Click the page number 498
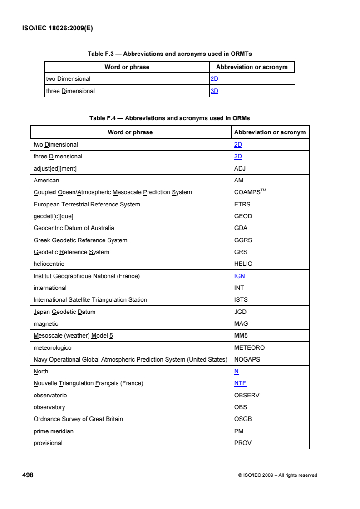28,475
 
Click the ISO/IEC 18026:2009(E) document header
57,28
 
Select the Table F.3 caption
169,54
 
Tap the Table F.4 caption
169,118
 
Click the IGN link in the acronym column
240,276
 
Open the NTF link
240,383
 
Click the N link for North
237,371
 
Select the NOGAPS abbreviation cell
247,359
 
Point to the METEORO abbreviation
249,347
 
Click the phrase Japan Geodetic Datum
64,312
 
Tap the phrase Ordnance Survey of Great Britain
78,419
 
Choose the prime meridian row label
54,431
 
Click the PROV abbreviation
243,443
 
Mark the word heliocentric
49,264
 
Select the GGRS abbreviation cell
243,240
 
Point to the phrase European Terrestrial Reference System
87,204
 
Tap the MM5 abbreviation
241,336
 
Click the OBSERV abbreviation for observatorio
247,395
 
